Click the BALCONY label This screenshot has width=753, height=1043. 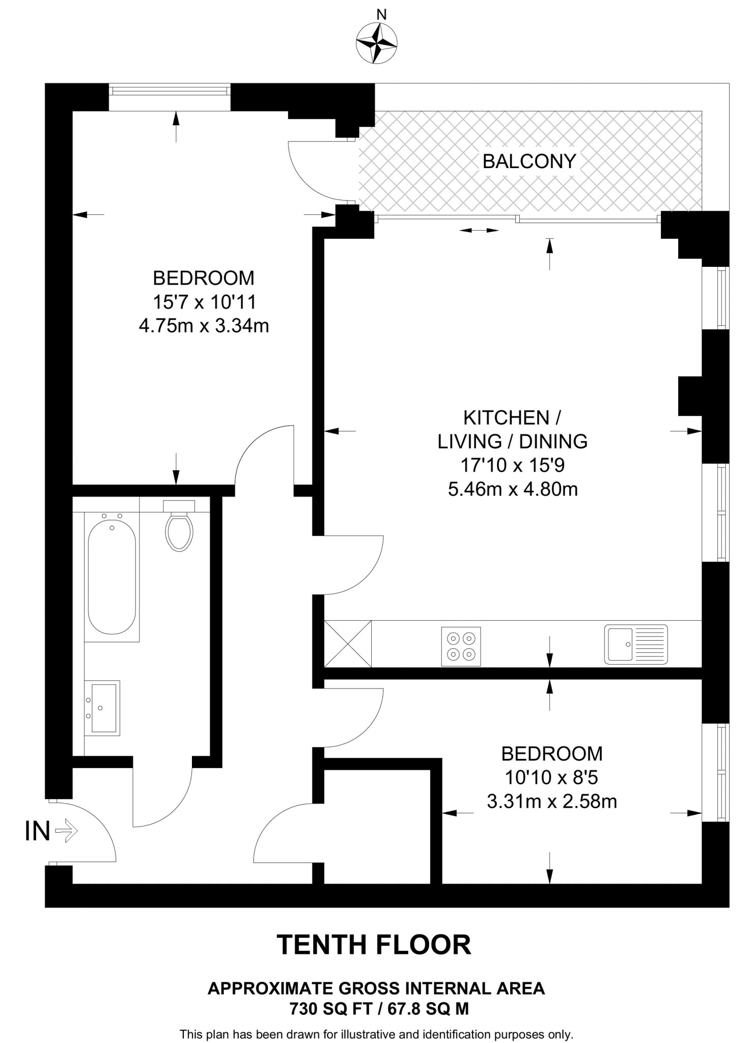(x=529, y=161)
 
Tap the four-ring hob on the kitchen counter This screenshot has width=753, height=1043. (x=461, y=646)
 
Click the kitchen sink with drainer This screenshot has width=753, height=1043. (x=635, y=644)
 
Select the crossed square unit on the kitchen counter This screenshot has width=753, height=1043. (x=348, y=643)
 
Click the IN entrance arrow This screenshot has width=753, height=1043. (x=66, y=832)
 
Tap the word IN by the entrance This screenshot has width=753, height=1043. (x=38, y=832)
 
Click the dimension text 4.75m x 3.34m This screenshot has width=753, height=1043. (x=204, y=326)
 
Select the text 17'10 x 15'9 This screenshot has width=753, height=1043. (x=513, y=465)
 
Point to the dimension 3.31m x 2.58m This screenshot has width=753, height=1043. (x=552, y=802)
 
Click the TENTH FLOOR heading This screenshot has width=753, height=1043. (x=374, y=945)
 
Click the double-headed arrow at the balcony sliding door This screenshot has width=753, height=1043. (x=479, y=231)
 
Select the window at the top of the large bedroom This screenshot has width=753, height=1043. (x=170, y=91)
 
